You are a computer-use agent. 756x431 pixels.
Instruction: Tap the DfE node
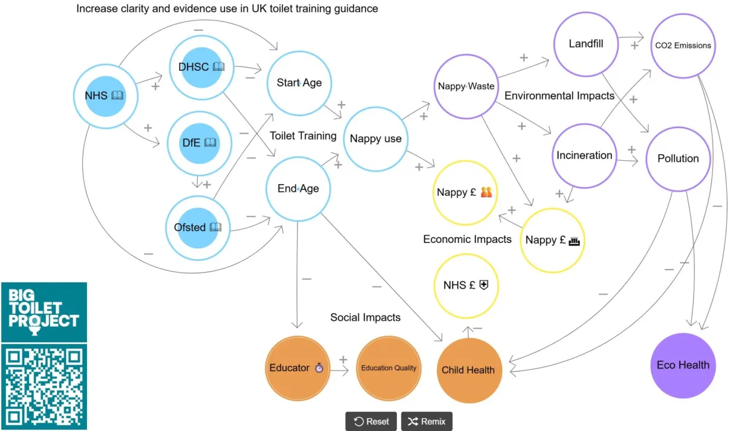198,143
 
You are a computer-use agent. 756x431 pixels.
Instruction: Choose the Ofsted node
198,227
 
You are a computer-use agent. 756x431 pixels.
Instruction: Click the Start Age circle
299,83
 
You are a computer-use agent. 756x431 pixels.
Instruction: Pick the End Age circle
298,189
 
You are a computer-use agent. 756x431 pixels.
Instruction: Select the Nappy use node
375,139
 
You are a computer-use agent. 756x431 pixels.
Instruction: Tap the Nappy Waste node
466,86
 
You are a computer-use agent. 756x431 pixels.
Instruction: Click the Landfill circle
585,44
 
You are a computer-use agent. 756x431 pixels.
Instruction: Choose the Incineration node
584,155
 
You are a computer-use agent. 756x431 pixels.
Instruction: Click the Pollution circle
678,158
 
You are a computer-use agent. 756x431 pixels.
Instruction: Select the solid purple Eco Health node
683,365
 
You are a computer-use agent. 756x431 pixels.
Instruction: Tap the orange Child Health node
468,370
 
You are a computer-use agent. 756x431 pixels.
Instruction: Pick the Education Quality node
389,368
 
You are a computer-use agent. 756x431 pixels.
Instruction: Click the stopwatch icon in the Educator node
319,368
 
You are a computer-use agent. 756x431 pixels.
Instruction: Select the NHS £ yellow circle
466,285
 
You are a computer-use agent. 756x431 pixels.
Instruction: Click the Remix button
426,421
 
